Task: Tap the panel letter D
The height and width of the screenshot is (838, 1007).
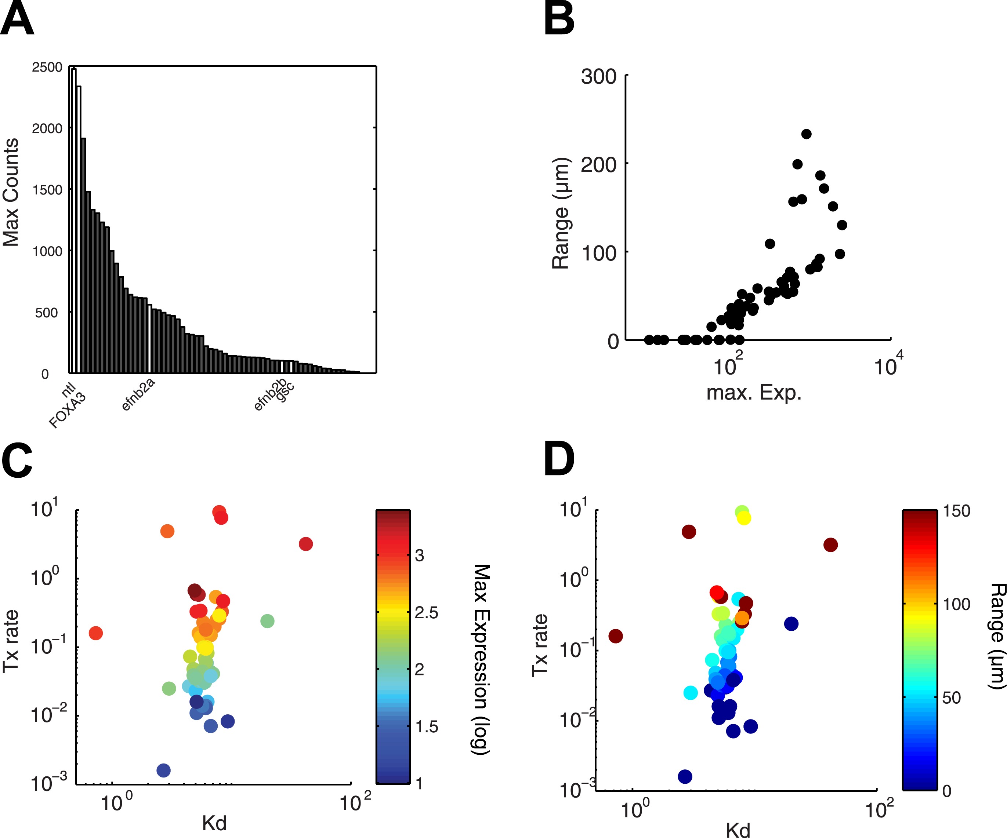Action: pyautogui.click(x=559, y=459)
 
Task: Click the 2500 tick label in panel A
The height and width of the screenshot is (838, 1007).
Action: pyautogui.click(x=47, y=68)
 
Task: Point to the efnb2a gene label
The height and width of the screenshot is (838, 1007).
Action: pyautogui.click(x=138, y=394)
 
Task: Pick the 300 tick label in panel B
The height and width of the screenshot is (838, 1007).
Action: pyautogui.click(x=598, y=77)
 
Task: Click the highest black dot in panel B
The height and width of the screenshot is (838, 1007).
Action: pyautogui.click(x=807, y=134)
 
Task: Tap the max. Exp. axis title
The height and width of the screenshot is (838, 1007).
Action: pyautogui.click(x=754, y=393)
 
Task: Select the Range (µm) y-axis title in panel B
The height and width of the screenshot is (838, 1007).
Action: pyautogui.click(x=560, y=213)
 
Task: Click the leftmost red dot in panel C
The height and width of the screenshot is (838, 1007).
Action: pyautogui.click(x=96, y=633)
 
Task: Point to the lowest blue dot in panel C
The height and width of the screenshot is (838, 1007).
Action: pyautogui.click(x=163, y=770)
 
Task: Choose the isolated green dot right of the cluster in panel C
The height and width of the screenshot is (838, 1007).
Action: pyautogui.click(x=267, y=621)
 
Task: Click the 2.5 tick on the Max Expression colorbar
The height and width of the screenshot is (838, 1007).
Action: pyautogui.click(x=426, y=613)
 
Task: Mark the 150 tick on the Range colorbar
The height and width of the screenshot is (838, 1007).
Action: pyautogui.click(x=957, y=511)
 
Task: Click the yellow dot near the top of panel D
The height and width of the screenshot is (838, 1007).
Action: pyautogui.click(x=744, y=518)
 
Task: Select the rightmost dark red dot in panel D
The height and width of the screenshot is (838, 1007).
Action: pyautogui.click(x=830, y=545)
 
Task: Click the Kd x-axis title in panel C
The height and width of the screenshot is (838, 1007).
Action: pyautogui.click(x=214, y=823)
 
